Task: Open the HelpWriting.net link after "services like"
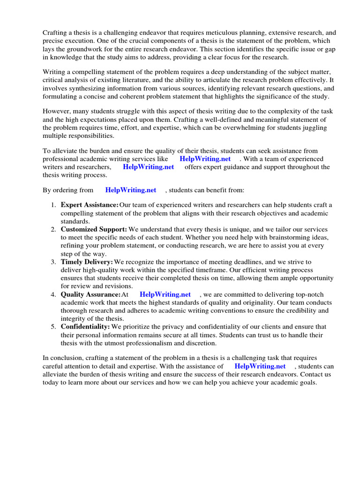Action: pyautogui.click(x=205, y=159)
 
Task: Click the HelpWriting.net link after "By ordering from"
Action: pyautogui.click(x=131, y=190)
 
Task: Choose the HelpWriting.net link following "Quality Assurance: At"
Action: pyautogui.click(x=165, y=294)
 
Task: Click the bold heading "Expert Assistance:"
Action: pyautogui.click(x=90, y=205)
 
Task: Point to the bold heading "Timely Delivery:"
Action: pyautogui.click(x=87, y=262)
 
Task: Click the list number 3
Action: pyautogui.click(x=53, y=262)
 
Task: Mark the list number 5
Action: pyautogui.click(x=53, y=326)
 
